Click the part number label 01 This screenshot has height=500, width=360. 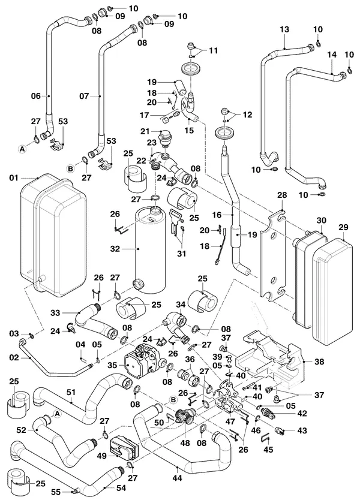tap(14, 177)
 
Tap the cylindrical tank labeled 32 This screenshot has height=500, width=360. tap(151, 249)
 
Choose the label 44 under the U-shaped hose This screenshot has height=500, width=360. tap(177, 478)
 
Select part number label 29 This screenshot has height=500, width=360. tap(343, 228)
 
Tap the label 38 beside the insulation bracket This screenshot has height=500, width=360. tap(319, 362)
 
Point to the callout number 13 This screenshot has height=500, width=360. tap(284, 29)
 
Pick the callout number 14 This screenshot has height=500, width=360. tap(332, 55)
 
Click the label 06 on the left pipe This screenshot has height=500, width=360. tap(36, 96)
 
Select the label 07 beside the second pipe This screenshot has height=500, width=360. tap(84, 96)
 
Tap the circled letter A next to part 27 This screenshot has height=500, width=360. tap(22, 148)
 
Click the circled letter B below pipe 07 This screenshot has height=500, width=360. tap(71, 168)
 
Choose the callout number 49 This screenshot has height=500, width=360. tap(101, 456)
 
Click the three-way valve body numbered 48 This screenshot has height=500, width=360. tap(183, 417)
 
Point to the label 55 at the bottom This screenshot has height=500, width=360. tap(56, 492)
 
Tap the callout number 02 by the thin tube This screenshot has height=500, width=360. tap(14, 357)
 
